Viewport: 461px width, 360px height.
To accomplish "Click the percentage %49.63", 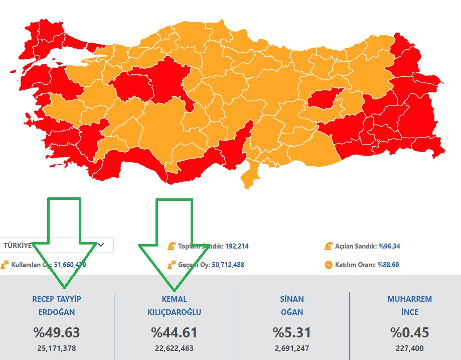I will coord(57,332).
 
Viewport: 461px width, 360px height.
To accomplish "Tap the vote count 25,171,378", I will coord(57,348).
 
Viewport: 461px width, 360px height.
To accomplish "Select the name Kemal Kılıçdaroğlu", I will coord(174,305).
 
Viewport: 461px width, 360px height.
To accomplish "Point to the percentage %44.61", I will coord(174,332).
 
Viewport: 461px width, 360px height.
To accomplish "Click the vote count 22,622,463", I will coord(174,348).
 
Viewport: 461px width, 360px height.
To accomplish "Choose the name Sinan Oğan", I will coord(291,305).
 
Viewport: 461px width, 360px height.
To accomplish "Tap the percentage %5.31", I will coord(291,332).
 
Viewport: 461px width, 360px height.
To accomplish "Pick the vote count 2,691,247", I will coord(291,348).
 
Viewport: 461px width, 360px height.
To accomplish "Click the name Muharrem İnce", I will coord(409,305).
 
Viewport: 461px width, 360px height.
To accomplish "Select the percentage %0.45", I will coord(409,332).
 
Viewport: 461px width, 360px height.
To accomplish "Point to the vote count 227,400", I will coord(409,348).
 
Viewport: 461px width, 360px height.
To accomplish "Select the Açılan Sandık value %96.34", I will coord(389,246).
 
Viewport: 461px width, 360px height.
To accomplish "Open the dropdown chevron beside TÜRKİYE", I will coord(101,245).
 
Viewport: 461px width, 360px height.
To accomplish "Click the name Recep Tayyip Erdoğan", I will coord(57,305).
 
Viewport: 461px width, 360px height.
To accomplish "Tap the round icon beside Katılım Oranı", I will coord(329,265).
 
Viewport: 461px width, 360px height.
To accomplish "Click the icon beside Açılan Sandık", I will coord(329,246).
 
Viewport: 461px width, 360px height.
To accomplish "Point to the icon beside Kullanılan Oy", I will coord(5,265).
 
